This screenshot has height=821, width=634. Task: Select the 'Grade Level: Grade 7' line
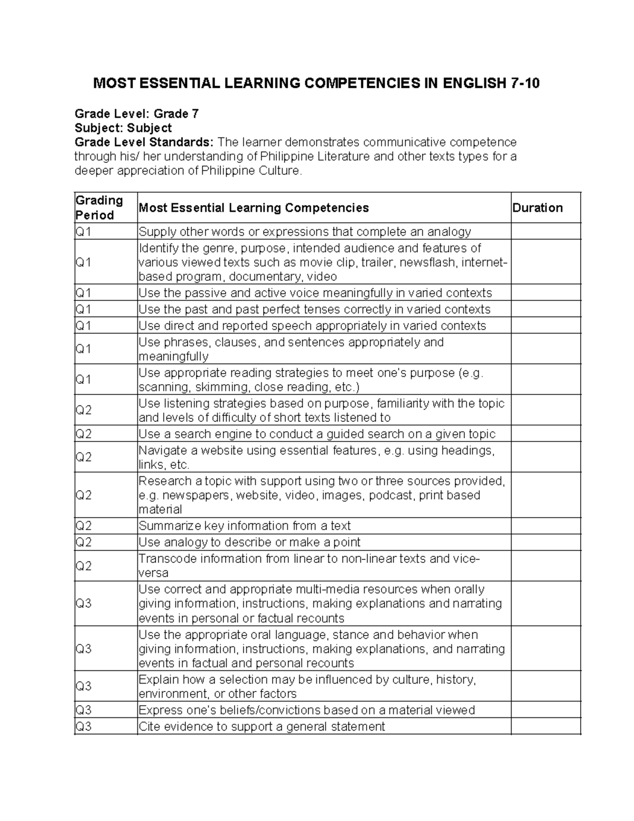click(x=136, y=114)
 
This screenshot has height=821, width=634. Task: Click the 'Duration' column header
click(x=537, y=208)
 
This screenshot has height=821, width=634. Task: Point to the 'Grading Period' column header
click(x=99, y=208)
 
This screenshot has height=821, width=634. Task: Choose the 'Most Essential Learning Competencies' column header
click(x=254, y=208)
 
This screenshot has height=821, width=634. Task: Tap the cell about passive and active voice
click(x=315, y=293)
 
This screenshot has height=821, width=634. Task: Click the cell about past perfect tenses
click(x=314, y=309)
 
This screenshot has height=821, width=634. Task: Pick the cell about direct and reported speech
click(x=312, y=326)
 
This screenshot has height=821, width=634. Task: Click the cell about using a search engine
click(x=317, y=434)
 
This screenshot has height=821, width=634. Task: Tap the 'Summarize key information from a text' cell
click(x=245, y=526)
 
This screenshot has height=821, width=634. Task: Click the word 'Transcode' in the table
click(x=166, y=559)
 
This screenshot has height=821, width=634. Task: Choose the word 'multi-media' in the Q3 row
click(x=327, y=589)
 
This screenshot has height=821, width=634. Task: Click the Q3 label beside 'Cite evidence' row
click(x=84, y=726)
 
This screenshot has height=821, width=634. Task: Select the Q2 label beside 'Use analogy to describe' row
click(x=84, y=542)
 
